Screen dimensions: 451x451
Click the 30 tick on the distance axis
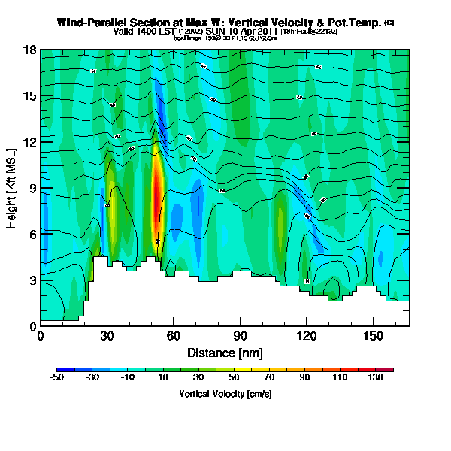(107, 336)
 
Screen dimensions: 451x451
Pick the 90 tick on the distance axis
(241, 336)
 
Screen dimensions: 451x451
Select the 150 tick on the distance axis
(374, 336)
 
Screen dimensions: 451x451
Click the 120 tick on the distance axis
(307, 336)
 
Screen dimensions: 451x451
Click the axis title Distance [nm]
(225, 353)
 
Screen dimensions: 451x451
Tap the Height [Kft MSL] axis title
(13, 188)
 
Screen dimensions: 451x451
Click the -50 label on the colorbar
(57, 377)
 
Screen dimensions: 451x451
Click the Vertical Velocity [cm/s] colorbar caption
(225, 393)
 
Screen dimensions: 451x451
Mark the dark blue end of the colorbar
(60, 369)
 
